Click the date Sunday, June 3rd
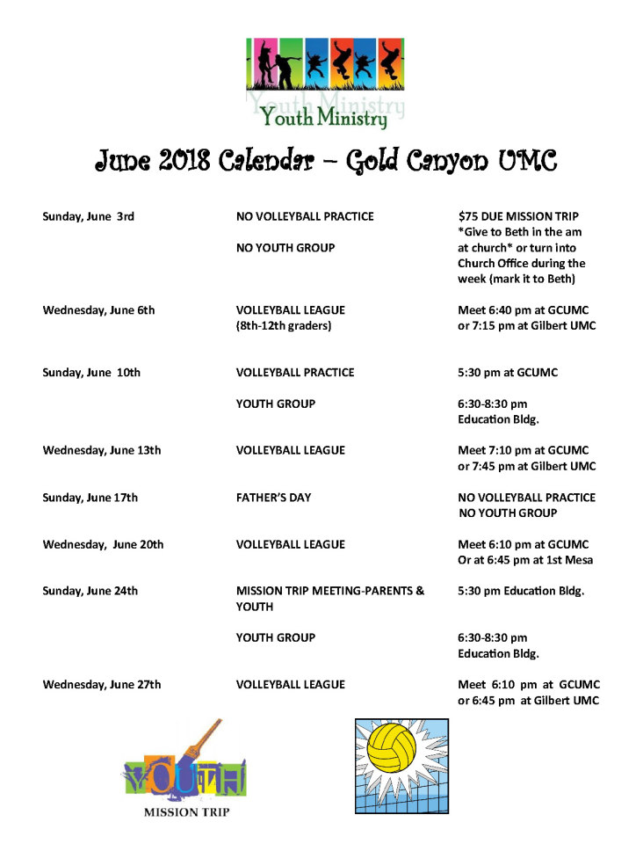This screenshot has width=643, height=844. pyautogui.click(x=88, y=216)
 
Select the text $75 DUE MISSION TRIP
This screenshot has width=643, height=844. pyautogui.click(x=518, y=216)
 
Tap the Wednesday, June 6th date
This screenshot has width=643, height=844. pyautogui.click(x=98, y=310)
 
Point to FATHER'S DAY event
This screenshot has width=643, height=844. pyautogui.click(x=273, y=498)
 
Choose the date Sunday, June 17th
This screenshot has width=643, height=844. pyautogui.click(x=90, y=498)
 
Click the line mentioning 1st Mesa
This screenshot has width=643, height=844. pyautogui.click(x=525, y=560)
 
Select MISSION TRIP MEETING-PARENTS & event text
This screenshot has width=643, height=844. pyautogui.click(x=330, y=591)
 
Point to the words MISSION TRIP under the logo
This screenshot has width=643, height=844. pyautogui.click(x=186, y=812)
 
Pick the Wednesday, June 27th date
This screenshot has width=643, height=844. pyautogui.click(x=102, y=685)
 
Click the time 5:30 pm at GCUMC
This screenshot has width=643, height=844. pyautogui.click(x=508, y=373)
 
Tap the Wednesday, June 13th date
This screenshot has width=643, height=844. pyautogui.click(x=102, y=450)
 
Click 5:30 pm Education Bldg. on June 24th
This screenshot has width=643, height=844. pyautogui.click(x=521, y=591)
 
